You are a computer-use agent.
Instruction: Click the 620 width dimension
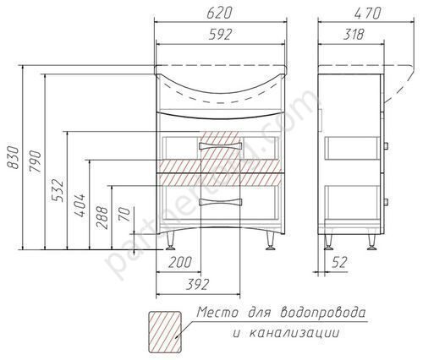(219, 13)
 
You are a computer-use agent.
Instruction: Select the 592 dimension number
(220, 34)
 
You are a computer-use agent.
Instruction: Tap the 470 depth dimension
(368, 13)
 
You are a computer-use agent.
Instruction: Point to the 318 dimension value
(354, 34)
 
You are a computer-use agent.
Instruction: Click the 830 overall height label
(13, 157)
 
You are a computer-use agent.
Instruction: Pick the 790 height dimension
(35, 162)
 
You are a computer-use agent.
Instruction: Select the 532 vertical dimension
(58, 190)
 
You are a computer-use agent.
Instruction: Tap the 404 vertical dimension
(80, 205)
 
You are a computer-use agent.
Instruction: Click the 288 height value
(102, 218)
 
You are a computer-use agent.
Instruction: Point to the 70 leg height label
(125, 215)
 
